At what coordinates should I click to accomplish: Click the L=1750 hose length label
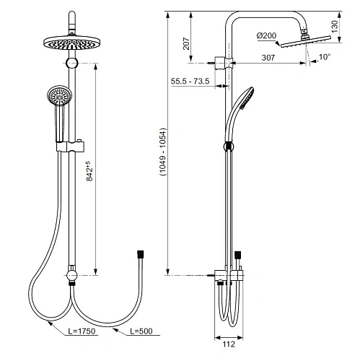(x=82, y=331)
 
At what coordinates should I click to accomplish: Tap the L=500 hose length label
(x=141, y=331)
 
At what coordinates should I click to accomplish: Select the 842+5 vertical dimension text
(x=89, y=171)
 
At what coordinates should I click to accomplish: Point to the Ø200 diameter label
(x=266, y=35)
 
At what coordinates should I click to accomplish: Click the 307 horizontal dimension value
(x=268, y=58)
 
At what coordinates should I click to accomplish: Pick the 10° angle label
(x=325, y=57)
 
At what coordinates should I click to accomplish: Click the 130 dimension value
(x=335, y=27)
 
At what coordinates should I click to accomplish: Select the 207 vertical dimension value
(x=186, y=43)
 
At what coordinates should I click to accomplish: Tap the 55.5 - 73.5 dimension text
(x=190, y=81)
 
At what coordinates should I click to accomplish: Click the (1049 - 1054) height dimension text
(x=163, y=152)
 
